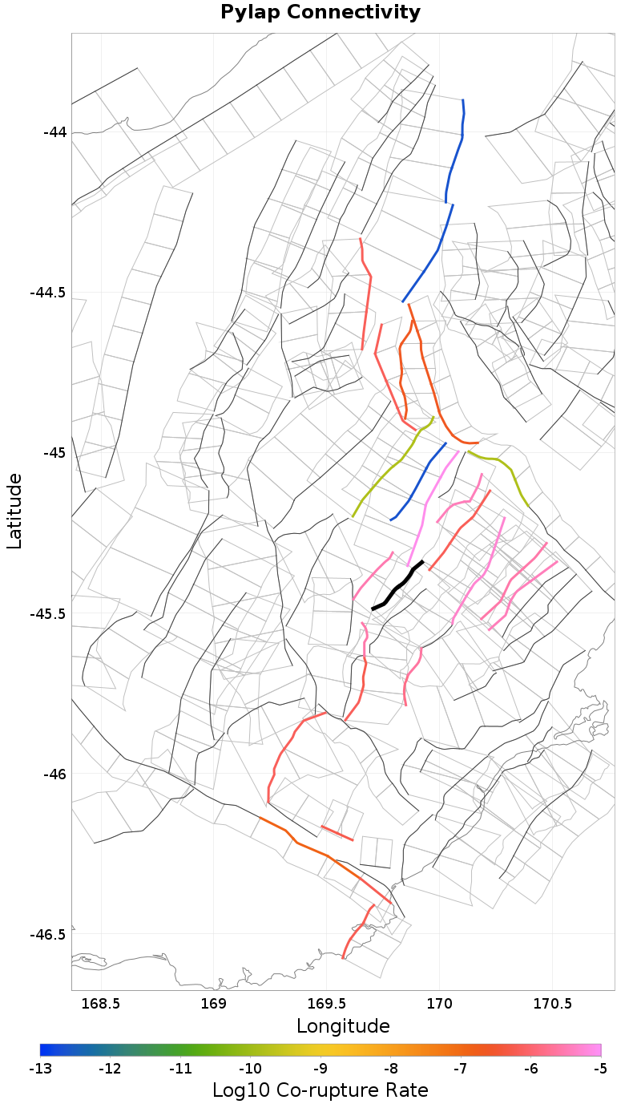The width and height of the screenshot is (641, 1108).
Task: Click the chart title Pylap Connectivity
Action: pos(320,12)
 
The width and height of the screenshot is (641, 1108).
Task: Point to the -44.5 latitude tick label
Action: pos(49,293)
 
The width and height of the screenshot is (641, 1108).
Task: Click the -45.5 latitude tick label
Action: pos(49,613)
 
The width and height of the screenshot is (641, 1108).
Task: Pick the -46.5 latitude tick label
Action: pos(49,935)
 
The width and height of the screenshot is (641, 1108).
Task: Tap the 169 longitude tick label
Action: pos(214,1003)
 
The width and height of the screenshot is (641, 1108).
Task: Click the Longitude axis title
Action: pos(343,1025)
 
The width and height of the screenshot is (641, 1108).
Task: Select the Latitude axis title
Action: pos(14,511)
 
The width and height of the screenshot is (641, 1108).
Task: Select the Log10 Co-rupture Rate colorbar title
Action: pos(320,1090)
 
